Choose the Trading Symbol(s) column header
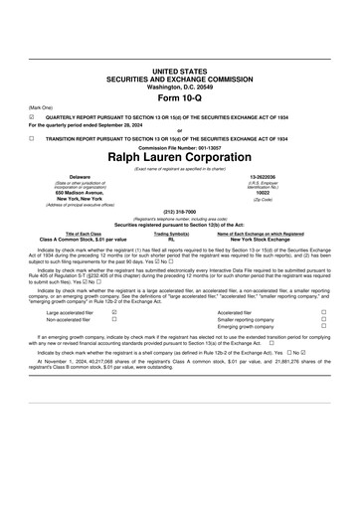coord(172,234)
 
